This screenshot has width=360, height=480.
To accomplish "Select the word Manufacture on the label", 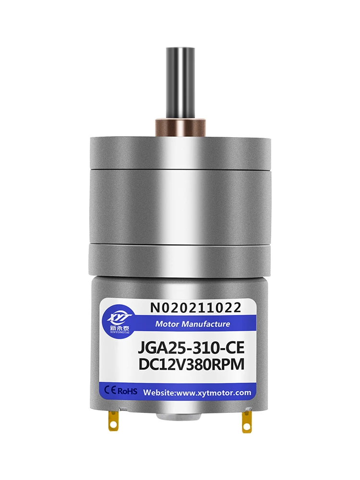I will coord(204,324).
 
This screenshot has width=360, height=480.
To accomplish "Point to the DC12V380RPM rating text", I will coord(192,365).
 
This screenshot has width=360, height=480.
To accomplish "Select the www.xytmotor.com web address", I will coord(215,393).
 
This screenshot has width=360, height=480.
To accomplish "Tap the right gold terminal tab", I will coord(246,420).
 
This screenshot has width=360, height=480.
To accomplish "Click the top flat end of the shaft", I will coord(179,48).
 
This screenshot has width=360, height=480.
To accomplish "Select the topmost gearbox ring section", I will coord(179,151).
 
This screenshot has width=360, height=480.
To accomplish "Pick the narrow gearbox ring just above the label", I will coord(179,259).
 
